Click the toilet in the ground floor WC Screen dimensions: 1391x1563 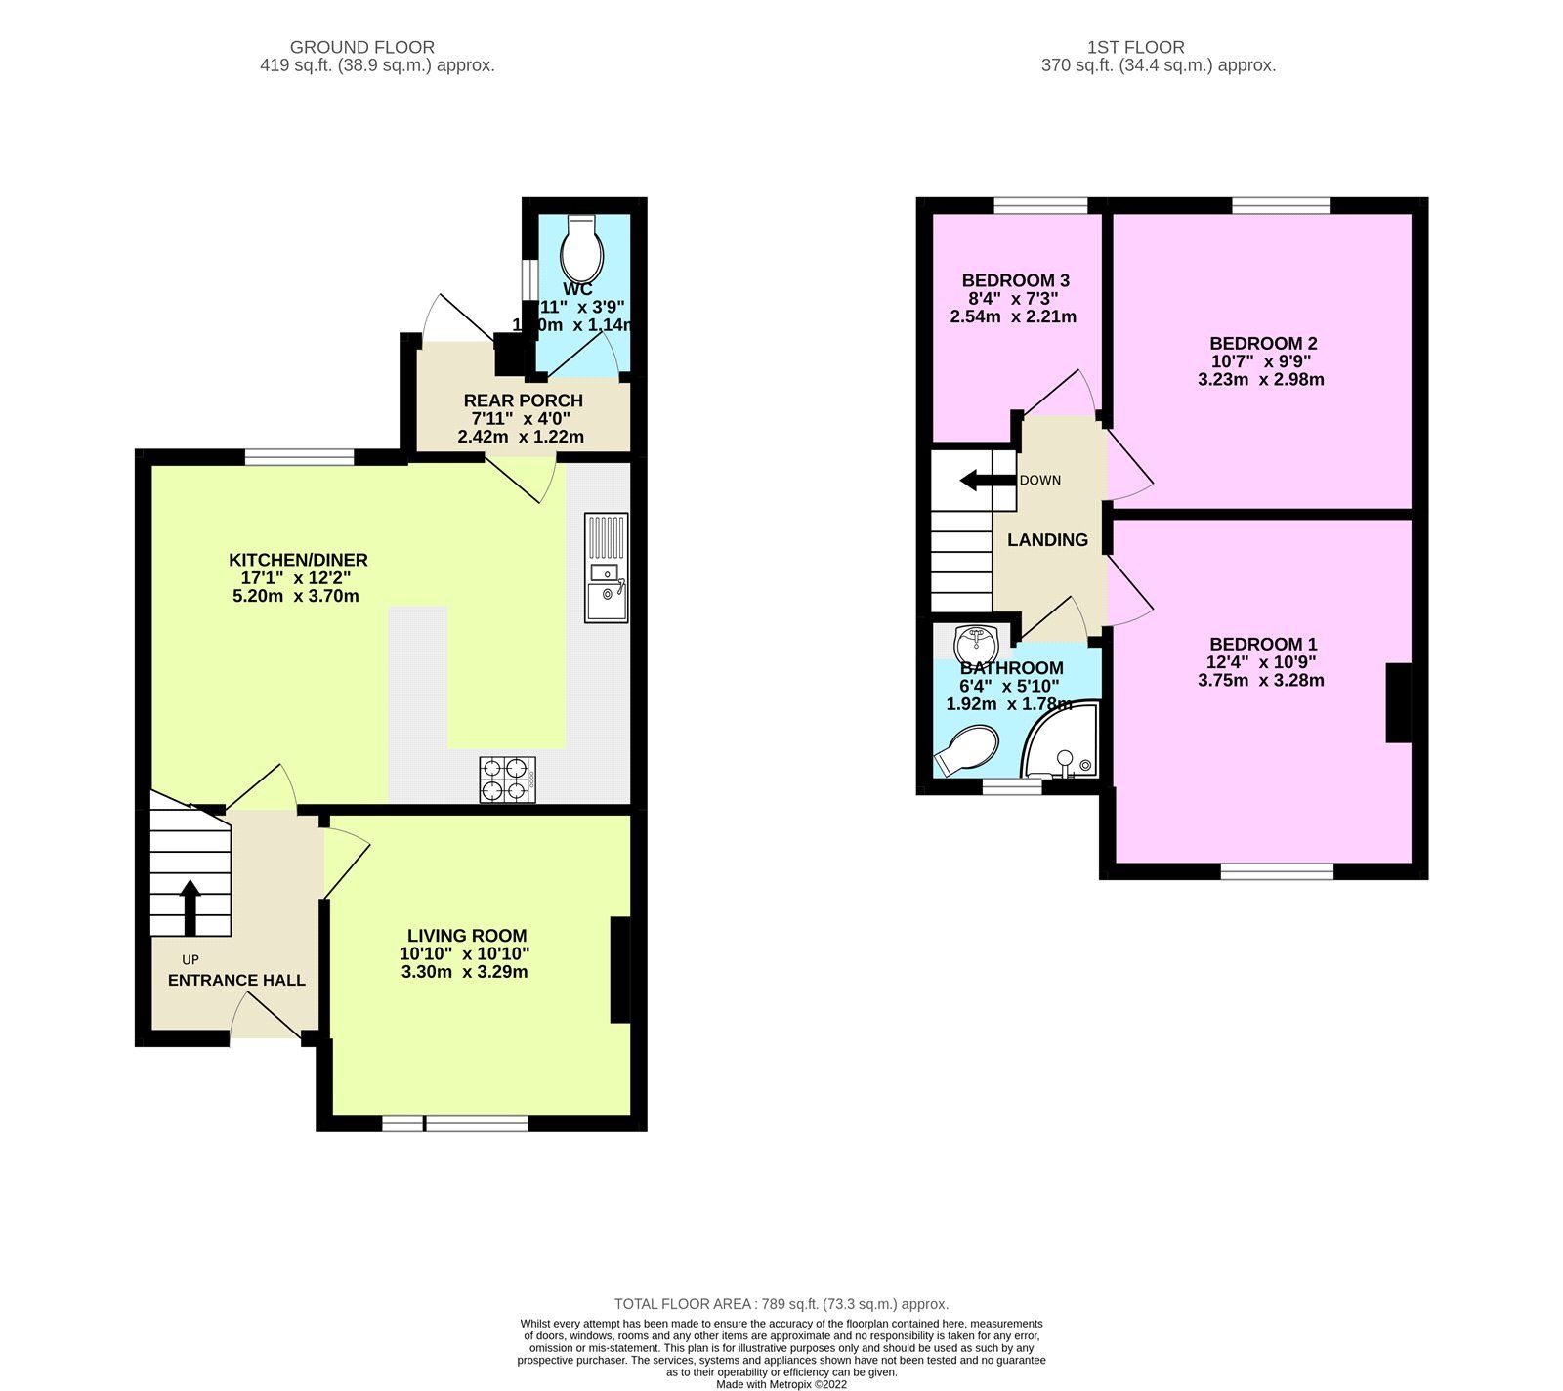(582, 249)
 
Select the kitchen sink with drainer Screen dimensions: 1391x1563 (607, 568)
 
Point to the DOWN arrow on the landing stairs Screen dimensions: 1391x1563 (986, 481)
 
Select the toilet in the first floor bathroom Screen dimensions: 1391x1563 (966, 750)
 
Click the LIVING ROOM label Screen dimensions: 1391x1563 (467, 936)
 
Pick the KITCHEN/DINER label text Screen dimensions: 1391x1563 (298, 560)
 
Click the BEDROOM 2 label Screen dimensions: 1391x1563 (1263, 344)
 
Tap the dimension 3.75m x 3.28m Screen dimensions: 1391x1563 (1261, 681)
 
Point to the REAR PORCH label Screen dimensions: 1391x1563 (523, 400)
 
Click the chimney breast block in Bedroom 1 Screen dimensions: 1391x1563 (1399, 703)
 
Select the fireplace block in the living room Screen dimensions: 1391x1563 (620, 969)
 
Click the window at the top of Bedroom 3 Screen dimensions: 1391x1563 (1040, 205)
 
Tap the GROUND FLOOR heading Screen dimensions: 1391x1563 (362, 47)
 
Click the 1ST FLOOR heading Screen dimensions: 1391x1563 (1135, 47)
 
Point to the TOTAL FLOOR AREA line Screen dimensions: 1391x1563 (781, 1304)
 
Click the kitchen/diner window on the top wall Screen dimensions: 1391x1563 (299, 456)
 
